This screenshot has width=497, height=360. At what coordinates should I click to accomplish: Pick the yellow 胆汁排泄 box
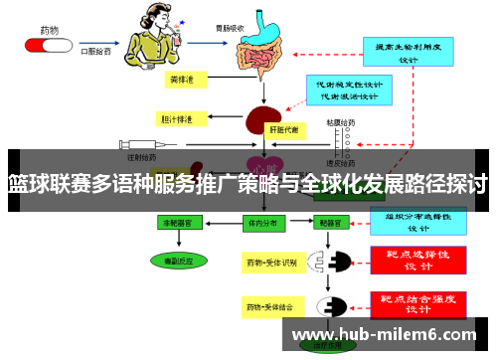click(176, 119)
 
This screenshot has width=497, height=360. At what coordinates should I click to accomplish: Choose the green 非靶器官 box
click(182, 223)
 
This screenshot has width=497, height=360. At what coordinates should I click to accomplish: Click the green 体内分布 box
click(260, 223)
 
